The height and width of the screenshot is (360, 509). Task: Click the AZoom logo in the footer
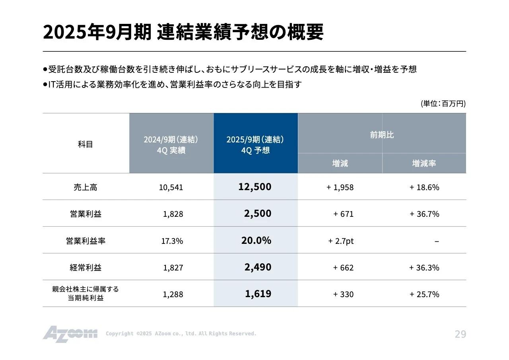[x=70, y=334]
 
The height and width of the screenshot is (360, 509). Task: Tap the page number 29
[x=460, y=334]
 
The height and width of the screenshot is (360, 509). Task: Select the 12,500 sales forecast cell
[x=255, y=187]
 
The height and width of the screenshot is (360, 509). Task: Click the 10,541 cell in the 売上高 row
[x=171, y=187]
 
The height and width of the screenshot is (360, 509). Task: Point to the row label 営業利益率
[x=85, y=241]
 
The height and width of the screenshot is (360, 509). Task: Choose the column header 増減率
[x=424, y=163]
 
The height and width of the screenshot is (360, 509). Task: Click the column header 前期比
[x=382, y=135]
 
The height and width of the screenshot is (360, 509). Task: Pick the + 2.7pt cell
[x=341, y=241]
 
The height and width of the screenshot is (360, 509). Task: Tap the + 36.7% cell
[x=424, y=214]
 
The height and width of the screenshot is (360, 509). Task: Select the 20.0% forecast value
[x=256, y=240]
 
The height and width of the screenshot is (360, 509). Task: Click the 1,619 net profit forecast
[x=258, y=294]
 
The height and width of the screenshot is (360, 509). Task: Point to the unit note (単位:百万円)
[x=443, y=103]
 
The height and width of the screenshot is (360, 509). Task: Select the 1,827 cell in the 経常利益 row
[x=173, y=268]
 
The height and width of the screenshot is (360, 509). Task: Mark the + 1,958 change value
[x=340, y=187]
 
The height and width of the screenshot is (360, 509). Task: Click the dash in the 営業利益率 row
[x=437, y=241]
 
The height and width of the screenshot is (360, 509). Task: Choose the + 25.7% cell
[x=424, y=294]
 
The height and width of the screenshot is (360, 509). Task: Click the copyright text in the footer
[x=181, y=334]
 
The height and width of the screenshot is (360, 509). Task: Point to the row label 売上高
[x=85, y=187]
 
